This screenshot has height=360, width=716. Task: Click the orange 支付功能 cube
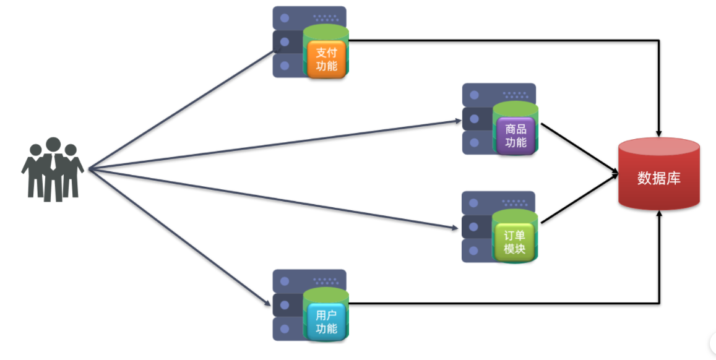(326, 59)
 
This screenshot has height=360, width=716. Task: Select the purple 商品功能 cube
(515, 136)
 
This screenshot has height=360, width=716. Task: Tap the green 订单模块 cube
(514, 242)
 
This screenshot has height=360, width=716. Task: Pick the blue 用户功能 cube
(326, 321)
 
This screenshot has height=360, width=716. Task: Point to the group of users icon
(53, 169)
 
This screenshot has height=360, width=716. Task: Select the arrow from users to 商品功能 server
(272, 144)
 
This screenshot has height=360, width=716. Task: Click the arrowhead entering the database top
(660, 132)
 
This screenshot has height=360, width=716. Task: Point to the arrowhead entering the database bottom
(660, 214)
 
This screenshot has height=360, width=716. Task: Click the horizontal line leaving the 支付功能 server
(495, 41)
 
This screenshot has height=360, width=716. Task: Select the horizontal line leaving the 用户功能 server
(495, 303)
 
